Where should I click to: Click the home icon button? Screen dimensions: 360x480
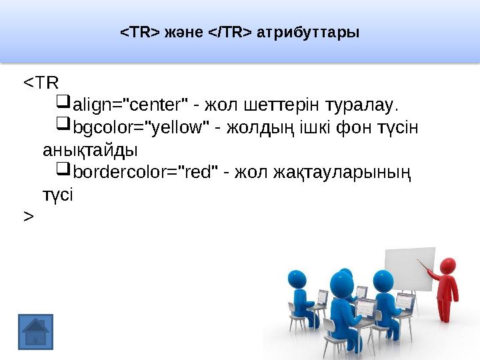(x=35, y=331)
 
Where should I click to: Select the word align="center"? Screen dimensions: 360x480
(x=129, y=105)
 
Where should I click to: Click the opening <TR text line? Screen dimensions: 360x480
(x=41, y=83)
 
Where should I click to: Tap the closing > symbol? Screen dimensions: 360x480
(x=28, y=217)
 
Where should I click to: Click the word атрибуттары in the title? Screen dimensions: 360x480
(x=308, y=32)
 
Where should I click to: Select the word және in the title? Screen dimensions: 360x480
(x=182, y=32)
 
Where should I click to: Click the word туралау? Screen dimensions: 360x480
(x=361, y=105)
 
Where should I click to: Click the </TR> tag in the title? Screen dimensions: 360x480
(x=230, y=32)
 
